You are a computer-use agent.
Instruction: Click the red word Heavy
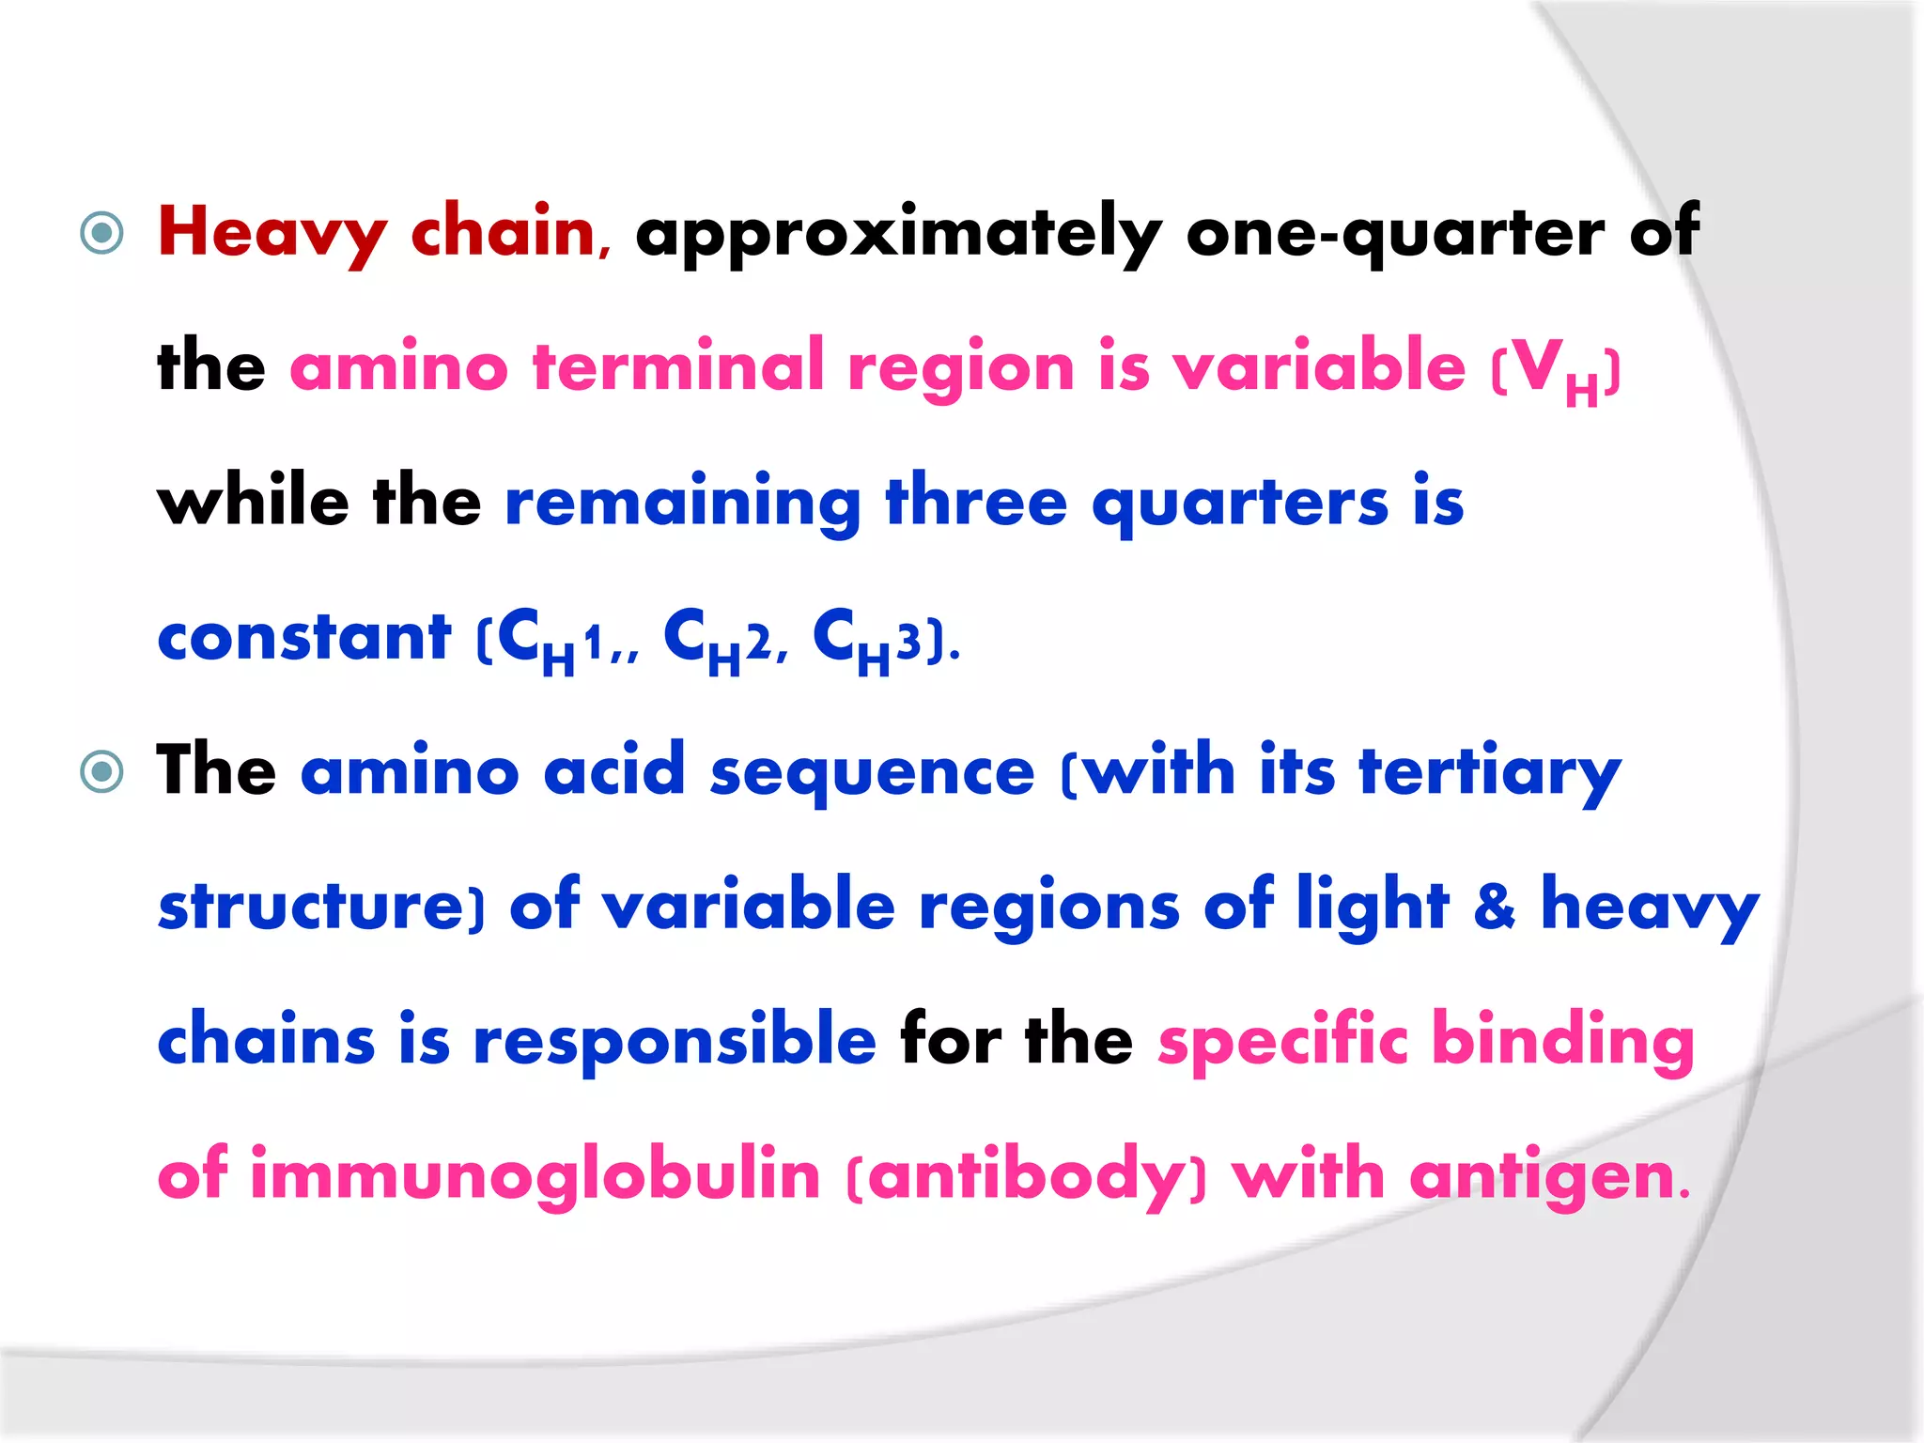coord(272,233)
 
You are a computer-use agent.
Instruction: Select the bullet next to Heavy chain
coord(102,233)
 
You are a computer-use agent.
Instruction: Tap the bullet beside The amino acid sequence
coord(102,772)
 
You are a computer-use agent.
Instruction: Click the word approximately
coord(897,233)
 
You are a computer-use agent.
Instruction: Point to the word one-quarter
coord(1394,233)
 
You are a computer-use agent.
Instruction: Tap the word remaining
coord(682,503)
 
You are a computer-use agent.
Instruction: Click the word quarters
coord(1239,503)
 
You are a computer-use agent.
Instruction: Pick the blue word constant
coord(304,638)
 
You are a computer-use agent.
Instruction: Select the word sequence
coord(872,772)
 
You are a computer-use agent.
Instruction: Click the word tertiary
coord(1490,772)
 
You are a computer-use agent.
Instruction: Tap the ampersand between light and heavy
coord(1494,906)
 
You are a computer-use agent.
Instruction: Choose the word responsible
coord(675,1041)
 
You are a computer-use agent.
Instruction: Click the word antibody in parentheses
coord(1026,1175)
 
